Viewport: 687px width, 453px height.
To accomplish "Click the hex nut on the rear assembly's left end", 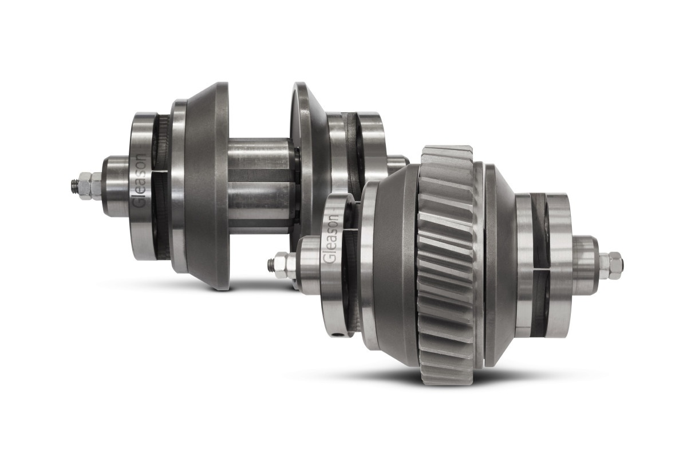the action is pos(89,186).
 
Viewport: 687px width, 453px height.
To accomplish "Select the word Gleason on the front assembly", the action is pos(331,239).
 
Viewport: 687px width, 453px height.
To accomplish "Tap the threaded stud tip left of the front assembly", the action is pos(270,265).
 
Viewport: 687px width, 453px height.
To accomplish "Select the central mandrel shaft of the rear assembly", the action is pos(260,183).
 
